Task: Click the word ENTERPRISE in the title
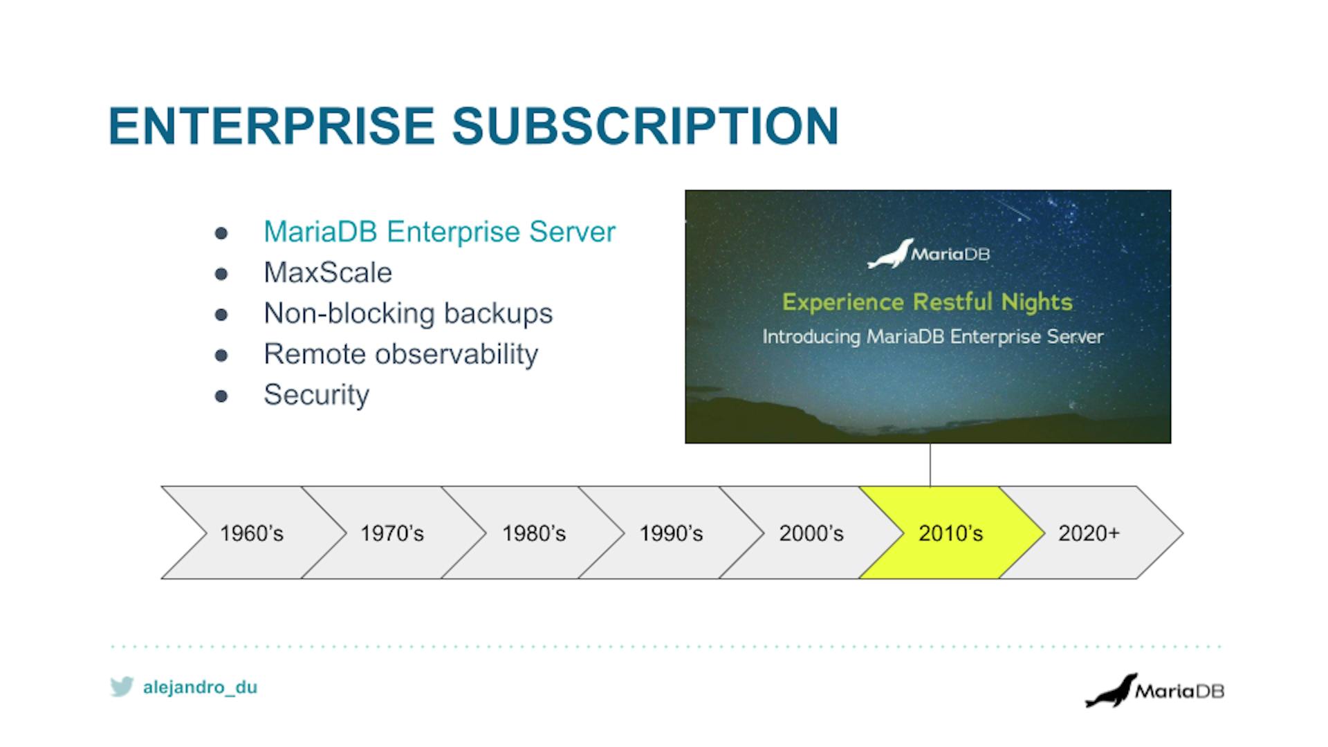[x=271, y=126]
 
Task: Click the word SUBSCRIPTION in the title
[x=645, y=126]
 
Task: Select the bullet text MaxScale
[x=328, y=273]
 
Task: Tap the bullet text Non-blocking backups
[x=408, y=313]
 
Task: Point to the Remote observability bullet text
[x=400, y=354]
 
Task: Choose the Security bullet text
[x=316, y=395]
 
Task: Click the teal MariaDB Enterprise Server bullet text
[x=439, y=232]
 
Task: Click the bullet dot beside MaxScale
[x=221, y=274]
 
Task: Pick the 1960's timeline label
[x=252, y=533]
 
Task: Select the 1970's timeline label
[x=392, y=533]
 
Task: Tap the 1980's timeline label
[x=534, y=533]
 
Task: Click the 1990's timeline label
[x=671, y=533]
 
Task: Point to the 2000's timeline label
[x=811, y=533]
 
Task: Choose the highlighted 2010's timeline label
[x=950, y=533]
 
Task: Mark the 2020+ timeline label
[x=1089, y=533]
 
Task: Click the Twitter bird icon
[x=122, y=687]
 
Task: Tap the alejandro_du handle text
[x=200, y=688]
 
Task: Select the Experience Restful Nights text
[x=927, y=302]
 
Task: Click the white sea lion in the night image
[x=890, y=255]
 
